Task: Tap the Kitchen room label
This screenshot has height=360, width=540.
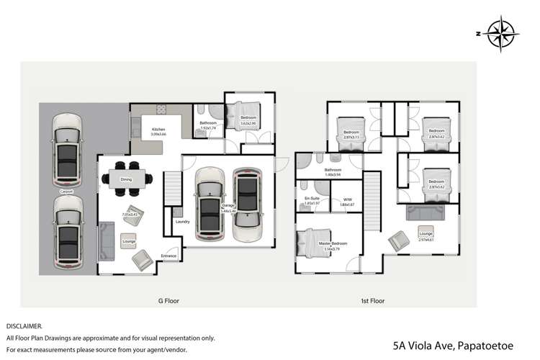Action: [x=158, y=129]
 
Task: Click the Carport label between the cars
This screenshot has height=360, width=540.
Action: [x=66, y=192]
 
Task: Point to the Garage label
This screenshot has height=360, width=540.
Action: [x=228, y=205]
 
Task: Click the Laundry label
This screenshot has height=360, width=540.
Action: [x=182, y=221]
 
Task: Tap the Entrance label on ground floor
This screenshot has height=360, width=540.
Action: [x=168, y=256]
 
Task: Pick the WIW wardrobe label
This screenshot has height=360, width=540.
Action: [x=347, y=199]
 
